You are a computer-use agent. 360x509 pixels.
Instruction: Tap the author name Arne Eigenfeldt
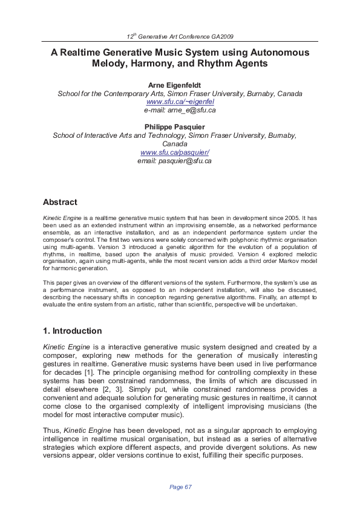[x=180, y=85]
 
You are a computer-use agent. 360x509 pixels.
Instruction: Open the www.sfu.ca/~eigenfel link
[x=180, y=102]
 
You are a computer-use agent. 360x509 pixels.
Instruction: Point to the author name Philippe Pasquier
[x=180, y=128]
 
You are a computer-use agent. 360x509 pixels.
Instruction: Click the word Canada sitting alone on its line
[x=180, y=144]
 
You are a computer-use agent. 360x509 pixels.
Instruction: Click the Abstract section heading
[x=60, y=203]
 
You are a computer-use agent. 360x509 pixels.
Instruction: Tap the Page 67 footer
[x=180, y=487]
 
